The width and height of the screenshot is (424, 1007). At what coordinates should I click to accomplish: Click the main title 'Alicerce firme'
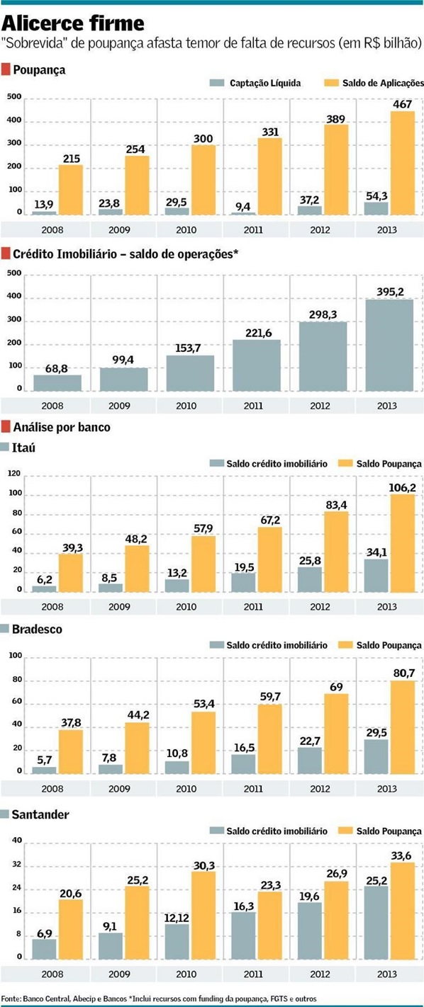point(74,23)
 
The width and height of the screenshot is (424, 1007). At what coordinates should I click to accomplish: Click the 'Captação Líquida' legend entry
point(264,83)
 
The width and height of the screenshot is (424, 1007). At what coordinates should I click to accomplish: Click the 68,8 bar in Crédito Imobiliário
point(57,382)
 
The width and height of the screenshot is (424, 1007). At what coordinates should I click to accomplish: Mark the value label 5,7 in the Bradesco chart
point(44,761)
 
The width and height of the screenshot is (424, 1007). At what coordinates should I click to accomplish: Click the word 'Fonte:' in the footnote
point(13,998)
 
